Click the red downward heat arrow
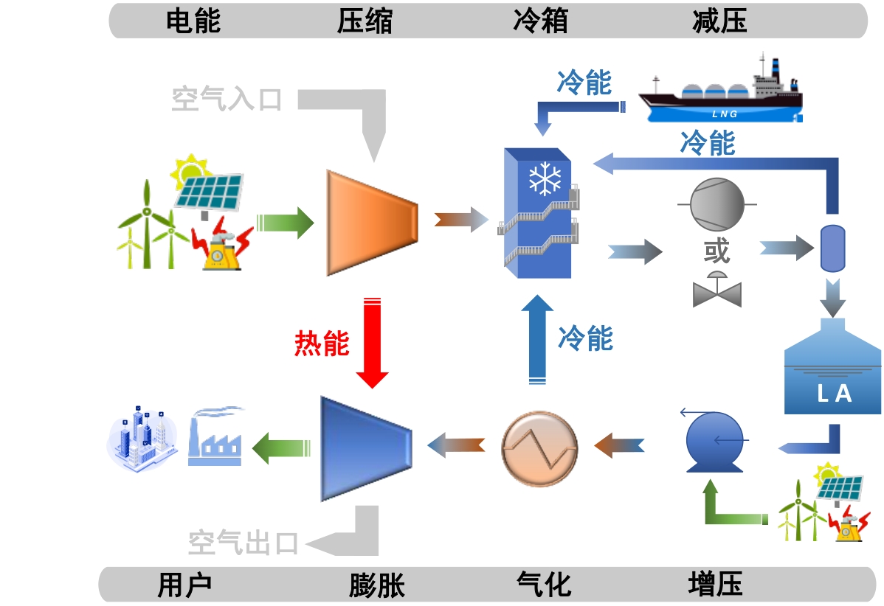[372, 342]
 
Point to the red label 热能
[322, 343]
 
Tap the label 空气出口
[244, 543]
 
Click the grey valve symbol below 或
[716, 290]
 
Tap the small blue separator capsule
[833, 247]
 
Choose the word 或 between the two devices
[716, 251]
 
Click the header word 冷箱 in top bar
[540, 21]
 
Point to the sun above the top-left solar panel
[190, 170]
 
